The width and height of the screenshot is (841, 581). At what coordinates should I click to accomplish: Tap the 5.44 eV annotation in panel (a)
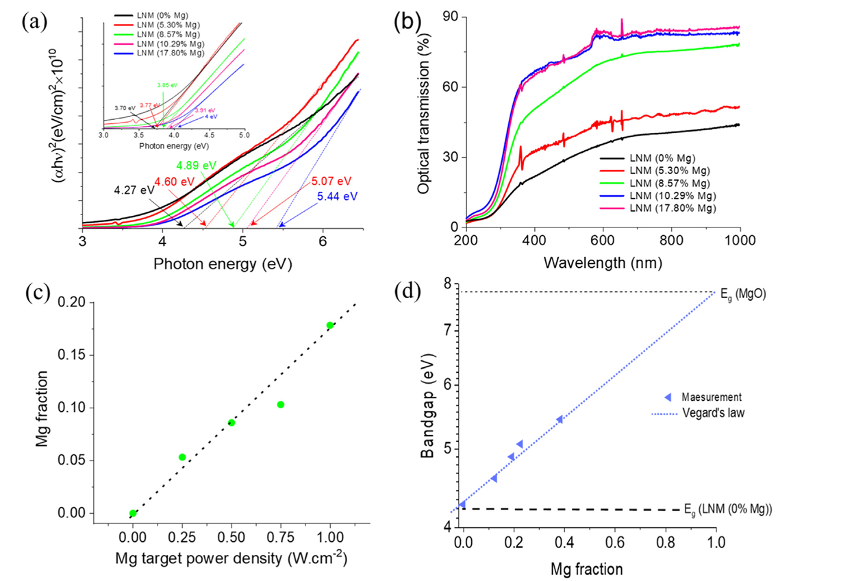[x=337, y=197]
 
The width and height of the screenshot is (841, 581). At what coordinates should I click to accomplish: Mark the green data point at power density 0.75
[x=281, y=404]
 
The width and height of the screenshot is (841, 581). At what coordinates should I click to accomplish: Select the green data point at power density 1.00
[x=330, y=325]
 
